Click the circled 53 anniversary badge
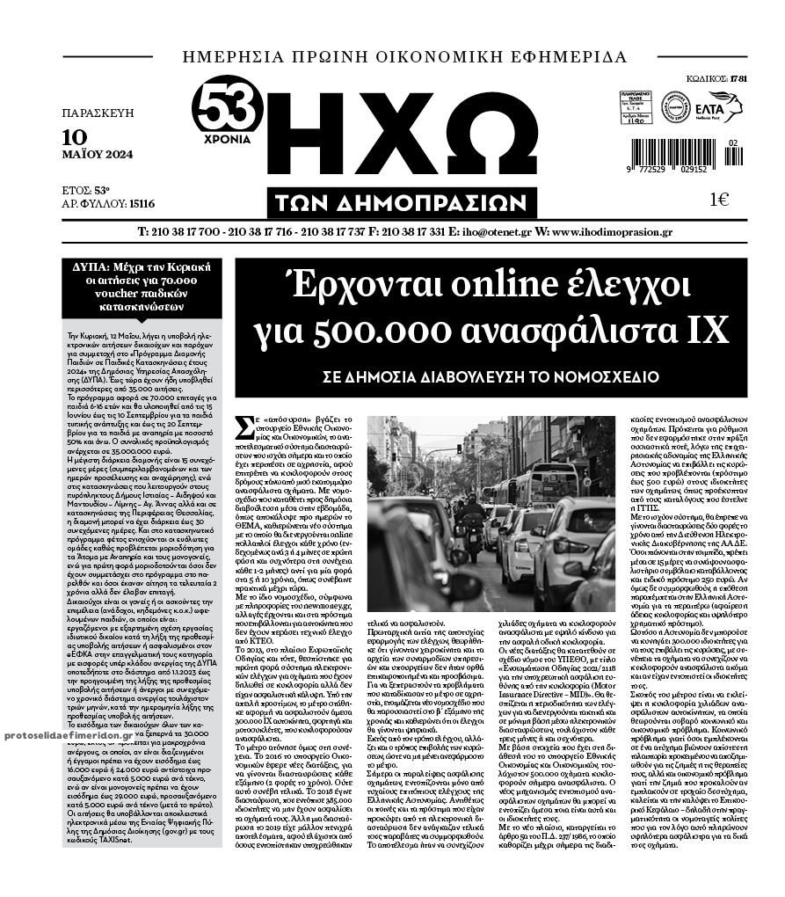pyautogui.click(x=227, y=105)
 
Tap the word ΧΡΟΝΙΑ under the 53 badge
pyautogui.click(x=227, y=139)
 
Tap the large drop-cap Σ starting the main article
pyautogui.click(x=246, y=428)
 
